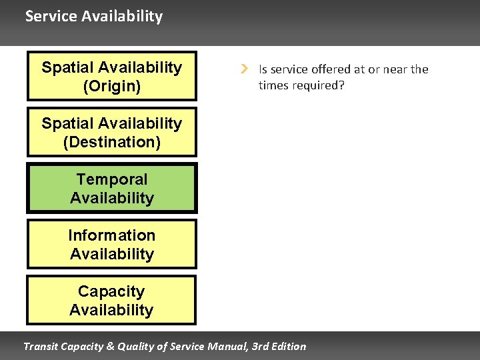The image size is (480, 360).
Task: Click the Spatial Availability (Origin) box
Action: point(111,76)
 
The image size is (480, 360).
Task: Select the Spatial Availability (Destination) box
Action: point(111,132)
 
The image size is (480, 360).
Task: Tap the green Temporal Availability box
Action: point(111,188)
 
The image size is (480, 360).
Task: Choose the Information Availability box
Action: point(111,244)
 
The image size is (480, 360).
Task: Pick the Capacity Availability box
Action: point(111,300)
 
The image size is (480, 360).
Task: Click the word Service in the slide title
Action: point(51,16)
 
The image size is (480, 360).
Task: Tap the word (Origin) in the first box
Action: point(111,86)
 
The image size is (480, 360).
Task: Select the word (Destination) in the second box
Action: point(111,142)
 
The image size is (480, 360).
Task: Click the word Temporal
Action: point(111,179)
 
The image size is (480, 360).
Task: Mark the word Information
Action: point(111,235)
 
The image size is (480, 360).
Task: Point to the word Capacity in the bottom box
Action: point(111,291)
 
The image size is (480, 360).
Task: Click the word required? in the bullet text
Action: point(323,85)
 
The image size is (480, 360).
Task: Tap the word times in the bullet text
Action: point(273,85)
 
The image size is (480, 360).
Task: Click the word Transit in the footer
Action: point(41,346)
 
